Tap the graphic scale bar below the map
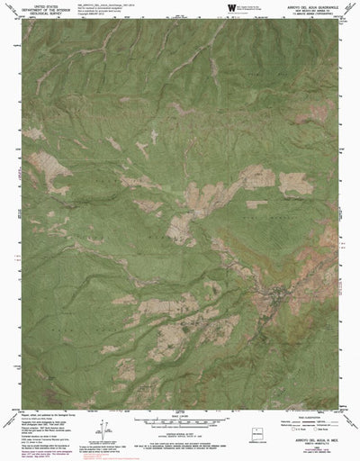[x=179, y=420]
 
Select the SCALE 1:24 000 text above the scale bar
[x=179, y=412]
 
